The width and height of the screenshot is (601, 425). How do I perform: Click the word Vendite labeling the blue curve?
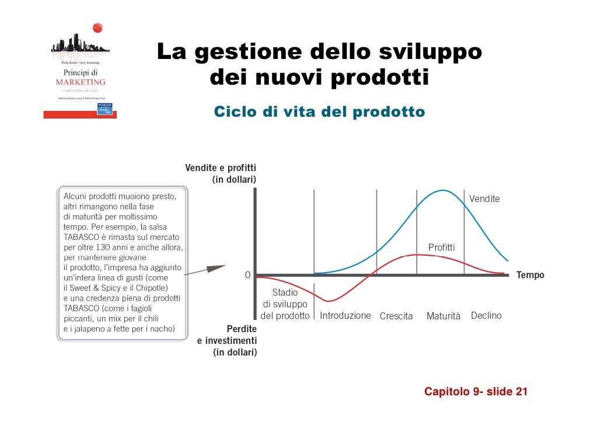coord(484,199)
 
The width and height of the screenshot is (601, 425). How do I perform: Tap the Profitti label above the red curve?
coord(441,248)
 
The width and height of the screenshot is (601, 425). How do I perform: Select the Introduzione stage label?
coord(345,316)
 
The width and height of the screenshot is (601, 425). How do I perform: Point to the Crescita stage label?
coord(396,316)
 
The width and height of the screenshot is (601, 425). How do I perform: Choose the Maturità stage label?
coord(443,316)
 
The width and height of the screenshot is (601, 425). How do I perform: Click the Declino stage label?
coord(486,316)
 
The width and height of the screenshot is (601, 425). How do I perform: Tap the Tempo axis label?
coord(530,275)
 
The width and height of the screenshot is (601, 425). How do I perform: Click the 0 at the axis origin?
coord(247,275)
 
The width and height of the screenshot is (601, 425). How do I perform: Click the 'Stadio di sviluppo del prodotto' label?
coord(285,304)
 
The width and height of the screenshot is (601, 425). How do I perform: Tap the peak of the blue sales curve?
coord(443,190)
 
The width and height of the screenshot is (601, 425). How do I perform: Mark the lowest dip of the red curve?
coord(329,301)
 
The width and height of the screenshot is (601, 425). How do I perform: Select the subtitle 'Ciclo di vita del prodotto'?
coord(319,112)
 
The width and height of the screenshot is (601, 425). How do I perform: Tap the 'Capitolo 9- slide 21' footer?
coord(476,392)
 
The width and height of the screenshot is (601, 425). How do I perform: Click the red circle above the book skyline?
coord(97,27)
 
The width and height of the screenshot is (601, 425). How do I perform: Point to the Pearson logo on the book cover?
coord(105,109)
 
